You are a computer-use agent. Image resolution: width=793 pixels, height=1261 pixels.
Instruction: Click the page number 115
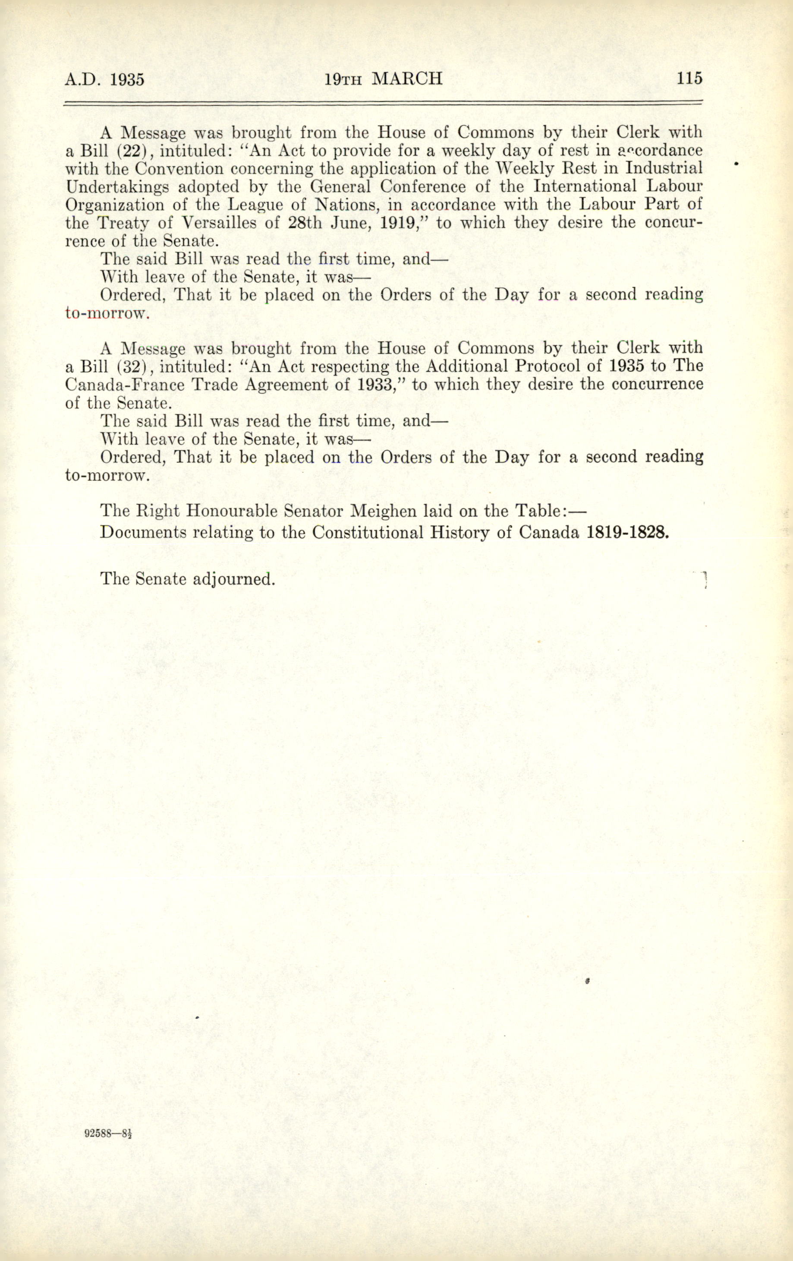[689, 79]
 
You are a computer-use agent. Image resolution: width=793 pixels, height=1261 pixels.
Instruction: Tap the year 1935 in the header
[127, 79]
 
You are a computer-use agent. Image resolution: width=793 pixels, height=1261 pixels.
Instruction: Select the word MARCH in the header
[407, 79]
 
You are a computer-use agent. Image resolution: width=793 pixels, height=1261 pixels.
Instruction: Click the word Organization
[115, 205]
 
